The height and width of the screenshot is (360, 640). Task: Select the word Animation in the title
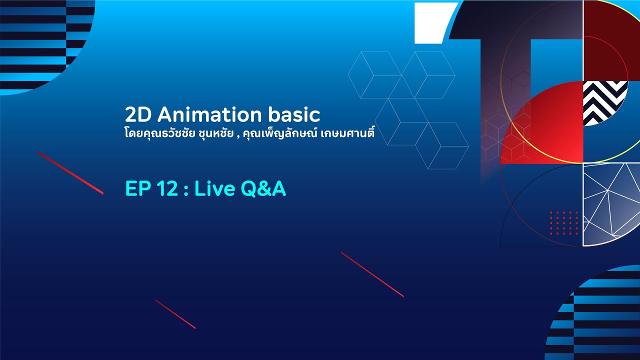pos(209,115)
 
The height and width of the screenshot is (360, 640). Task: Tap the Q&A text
pos(263,190)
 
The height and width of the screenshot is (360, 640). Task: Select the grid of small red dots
pos(564,222)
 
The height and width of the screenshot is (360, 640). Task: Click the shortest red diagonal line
pos(175,314)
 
